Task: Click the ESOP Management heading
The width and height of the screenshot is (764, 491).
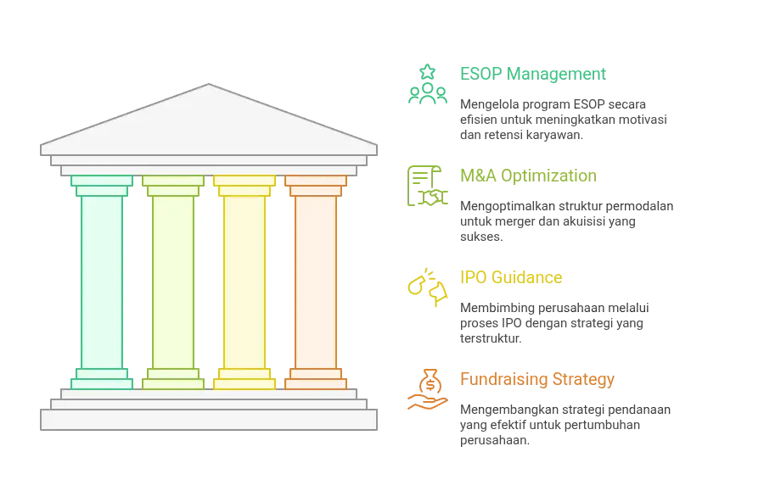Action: (532, 74)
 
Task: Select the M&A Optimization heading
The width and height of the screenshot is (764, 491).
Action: (528, 176)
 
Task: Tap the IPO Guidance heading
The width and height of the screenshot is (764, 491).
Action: (511, 277)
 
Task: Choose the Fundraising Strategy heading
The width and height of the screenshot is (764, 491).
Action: (537, 379)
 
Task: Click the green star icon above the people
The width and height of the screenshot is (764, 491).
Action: (427, 72)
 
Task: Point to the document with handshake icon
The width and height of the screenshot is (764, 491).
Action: (427, 186)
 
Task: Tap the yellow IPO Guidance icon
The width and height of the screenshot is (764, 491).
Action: (427, 287)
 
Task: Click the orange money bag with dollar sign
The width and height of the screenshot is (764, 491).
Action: (430, 382)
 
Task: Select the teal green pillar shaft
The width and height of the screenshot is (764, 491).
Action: (102, 282)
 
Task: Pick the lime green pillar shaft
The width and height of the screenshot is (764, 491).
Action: (173, 282)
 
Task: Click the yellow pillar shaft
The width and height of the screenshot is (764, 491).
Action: (244, 282)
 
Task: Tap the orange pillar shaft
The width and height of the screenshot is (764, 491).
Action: (316, 282)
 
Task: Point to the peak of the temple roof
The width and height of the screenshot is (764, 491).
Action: (209, 84)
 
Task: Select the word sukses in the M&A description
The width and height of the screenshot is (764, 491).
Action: (481, 237)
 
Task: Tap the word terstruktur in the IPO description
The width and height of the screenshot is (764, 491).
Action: (491, 338)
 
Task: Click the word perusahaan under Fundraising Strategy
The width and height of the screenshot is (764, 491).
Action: (495, 441)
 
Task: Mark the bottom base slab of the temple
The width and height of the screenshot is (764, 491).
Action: (209, 420)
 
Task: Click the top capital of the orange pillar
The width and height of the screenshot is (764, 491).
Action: (316, 186)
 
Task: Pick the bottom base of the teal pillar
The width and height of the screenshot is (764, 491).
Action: (102, 379)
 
